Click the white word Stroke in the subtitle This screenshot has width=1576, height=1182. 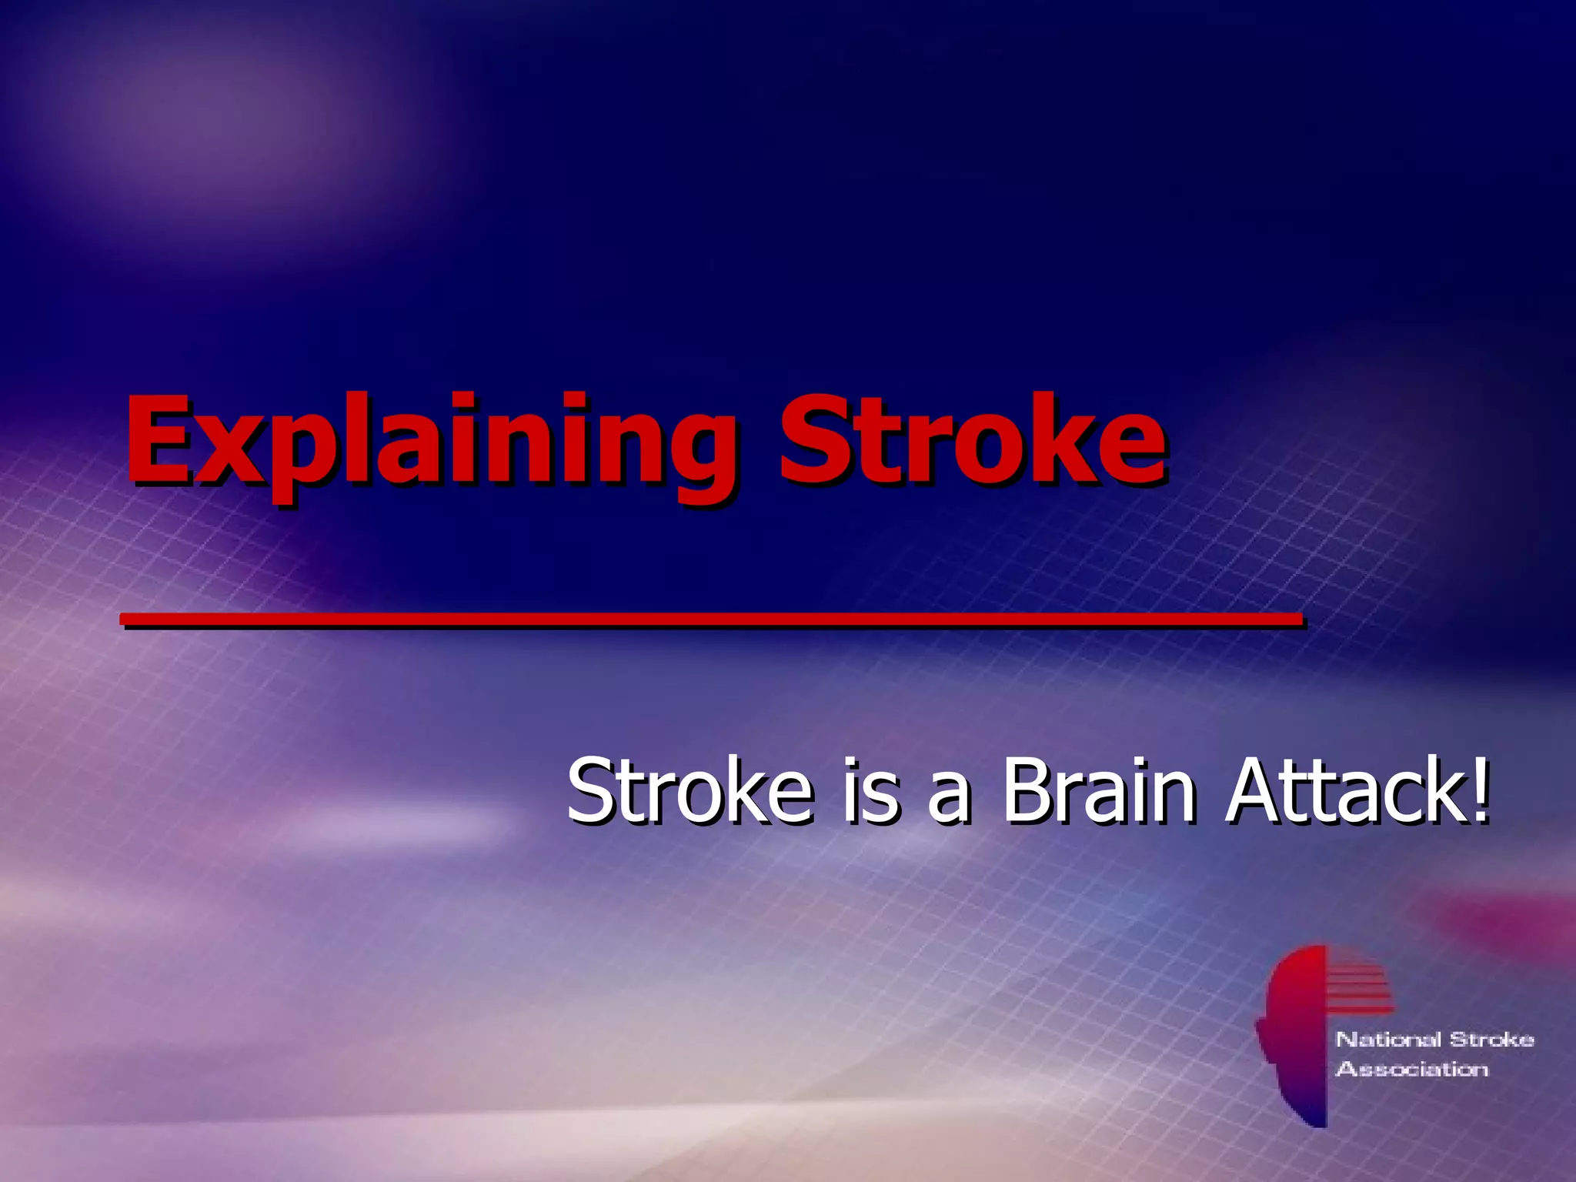[x=689, y=790]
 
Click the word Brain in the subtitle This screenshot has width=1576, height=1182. [x=1098, y=790]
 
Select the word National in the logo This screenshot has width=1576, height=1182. [x=1388, y=1040]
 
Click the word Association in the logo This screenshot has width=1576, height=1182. [x=1412, y=1069]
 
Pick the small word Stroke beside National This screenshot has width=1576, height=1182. [x=1491, y=1040]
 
